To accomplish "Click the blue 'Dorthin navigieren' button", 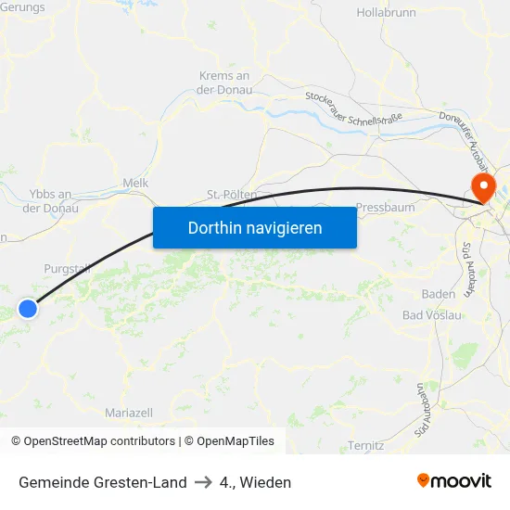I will pyautogui.click(x=255, y=227).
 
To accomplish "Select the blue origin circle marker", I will pyautogui.click(x=29, y=308).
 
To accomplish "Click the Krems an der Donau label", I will pyautogui.click(x=224, y=83).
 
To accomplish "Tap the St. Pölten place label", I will pyautogui.click(x=231, y=195).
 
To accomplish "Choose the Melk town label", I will pyautogui.click(x=135, y=184).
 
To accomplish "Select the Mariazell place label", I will pyautogui.click(x=130, y=412).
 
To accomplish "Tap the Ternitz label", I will pyautogui.click(x=365, y=445).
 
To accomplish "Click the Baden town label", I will pyautogui.click(x=438, y=294).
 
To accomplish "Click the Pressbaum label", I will pyautogui.click(x=385, y=208).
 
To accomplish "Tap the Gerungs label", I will pyautogui.click(x=24, y=6).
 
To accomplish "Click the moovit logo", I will pyautogui.click(x=454, y=480).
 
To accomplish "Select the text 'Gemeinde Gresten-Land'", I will pyautogui.click(x=102, y=482).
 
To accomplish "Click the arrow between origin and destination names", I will pyautogui.click(x=203, y=482).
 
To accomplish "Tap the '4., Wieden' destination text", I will pyautogui.click(x=256, y=482).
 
